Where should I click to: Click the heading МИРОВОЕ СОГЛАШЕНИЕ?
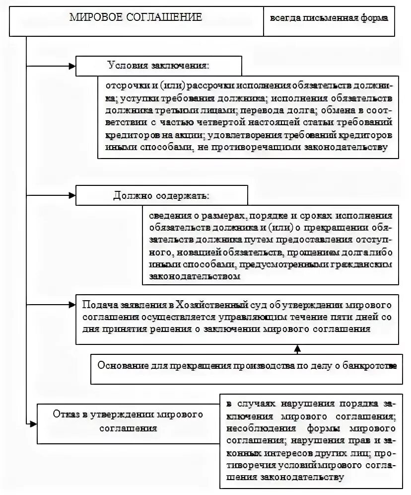136,17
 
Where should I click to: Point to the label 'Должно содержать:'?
160,195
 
